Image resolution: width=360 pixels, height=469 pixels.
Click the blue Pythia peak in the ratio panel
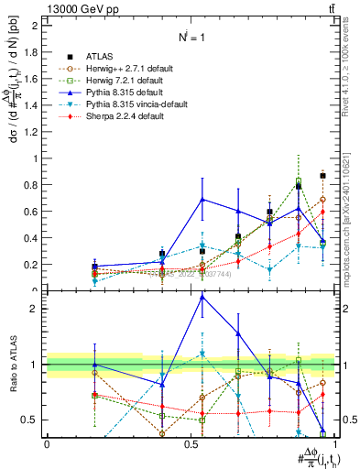pyautogui.click(x=202, y=296)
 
